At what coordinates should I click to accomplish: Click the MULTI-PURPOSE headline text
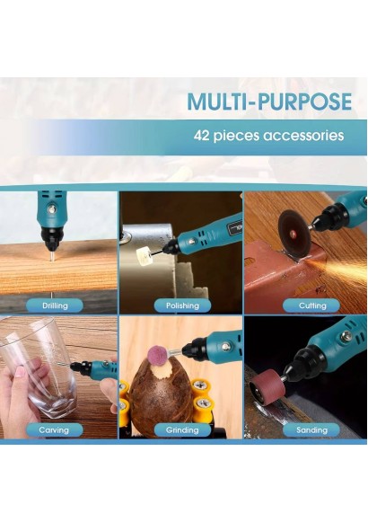[269, 102]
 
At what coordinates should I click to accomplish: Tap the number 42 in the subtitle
[201, 136]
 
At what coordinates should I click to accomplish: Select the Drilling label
[55, 305]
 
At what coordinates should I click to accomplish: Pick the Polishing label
[182, 305]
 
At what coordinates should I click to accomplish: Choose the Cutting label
[312, 305]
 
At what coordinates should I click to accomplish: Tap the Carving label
[54, 429]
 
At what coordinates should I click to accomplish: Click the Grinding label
[182, 429]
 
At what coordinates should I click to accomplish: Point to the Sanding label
[311, 429]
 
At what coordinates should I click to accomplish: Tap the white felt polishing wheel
[143, 257]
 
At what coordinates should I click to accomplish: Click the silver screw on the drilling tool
[52, 209]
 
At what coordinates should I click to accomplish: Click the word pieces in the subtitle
[236, 137]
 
